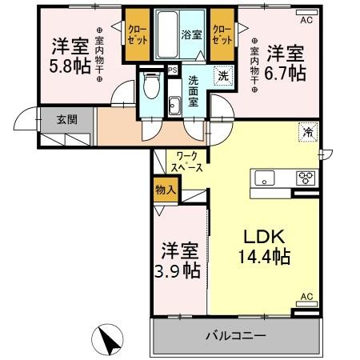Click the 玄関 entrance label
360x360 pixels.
pyautogui.click(x=66, y=120)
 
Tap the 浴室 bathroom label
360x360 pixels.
pyautogui.click(x=192, y=35)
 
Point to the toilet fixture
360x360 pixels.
pyautogui.click(x=150, y=85)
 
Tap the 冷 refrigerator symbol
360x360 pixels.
pyautogui.click(x=306, y=130)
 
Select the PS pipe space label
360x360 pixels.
pyautogui.click(x=172, y=70)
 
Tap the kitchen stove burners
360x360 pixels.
pyautogui.click(x=306, y=178)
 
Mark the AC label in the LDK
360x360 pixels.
pyautogui.click(x=306, y=297)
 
